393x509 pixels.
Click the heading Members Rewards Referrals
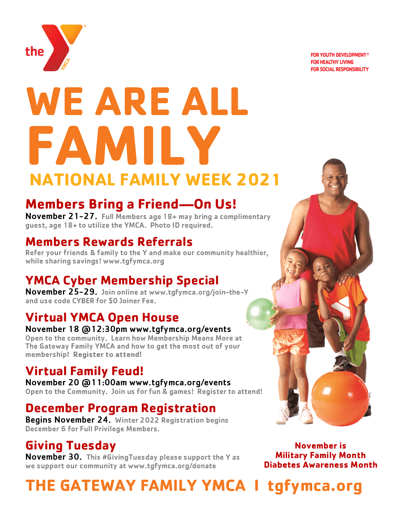pos(109,242)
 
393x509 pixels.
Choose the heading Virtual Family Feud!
pos(84,371)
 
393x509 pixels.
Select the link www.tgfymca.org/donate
pos(172,466)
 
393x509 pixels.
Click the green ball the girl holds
pos(261,314)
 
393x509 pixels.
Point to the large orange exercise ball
pos(340,399)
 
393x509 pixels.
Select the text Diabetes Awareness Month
pos(320,465)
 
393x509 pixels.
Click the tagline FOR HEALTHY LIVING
pos(332,62)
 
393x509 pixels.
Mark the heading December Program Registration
pos(121,408)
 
